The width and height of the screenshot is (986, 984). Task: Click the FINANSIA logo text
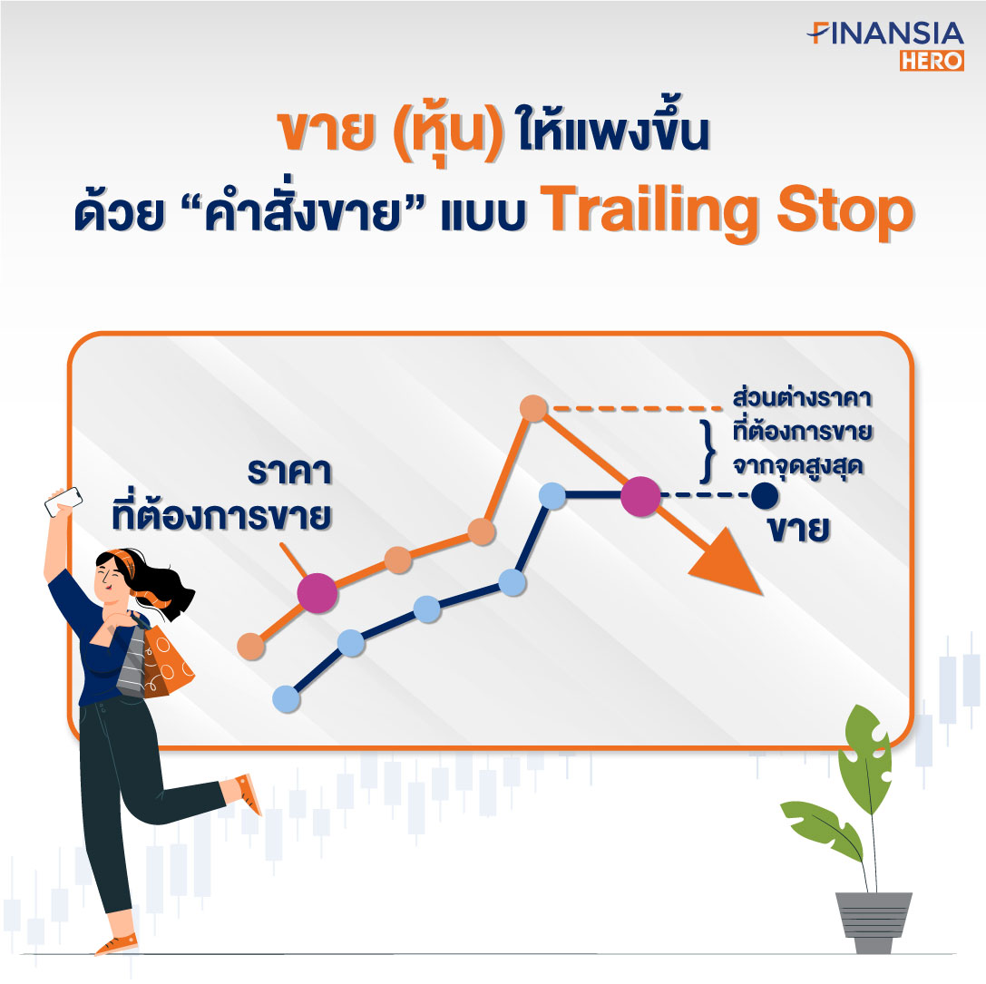tap(885, 34)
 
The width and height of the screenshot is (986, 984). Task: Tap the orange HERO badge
tap(932, 61)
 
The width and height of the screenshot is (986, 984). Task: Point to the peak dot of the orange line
tap(534, 409)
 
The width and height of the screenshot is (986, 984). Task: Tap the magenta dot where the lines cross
tap(640, 496)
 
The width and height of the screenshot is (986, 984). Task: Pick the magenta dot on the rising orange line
tap(317, 592)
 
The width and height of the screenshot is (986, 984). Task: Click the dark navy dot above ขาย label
tap(765, 495)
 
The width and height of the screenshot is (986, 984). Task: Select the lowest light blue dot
tap(286, 698)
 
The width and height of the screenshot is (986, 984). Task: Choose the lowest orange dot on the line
tap(251, 646)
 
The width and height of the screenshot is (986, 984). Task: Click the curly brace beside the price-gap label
tap(708, 451)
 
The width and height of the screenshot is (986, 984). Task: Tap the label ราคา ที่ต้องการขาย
tap(221, 494)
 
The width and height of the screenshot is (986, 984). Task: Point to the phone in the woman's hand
tap(63, 502)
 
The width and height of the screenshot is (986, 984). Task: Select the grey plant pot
tap(874, 921)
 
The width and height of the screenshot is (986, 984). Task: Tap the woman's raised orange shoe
tap(249, 794)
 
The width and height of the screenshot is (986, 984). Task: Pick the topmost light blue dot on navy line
tap(552, 495)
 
